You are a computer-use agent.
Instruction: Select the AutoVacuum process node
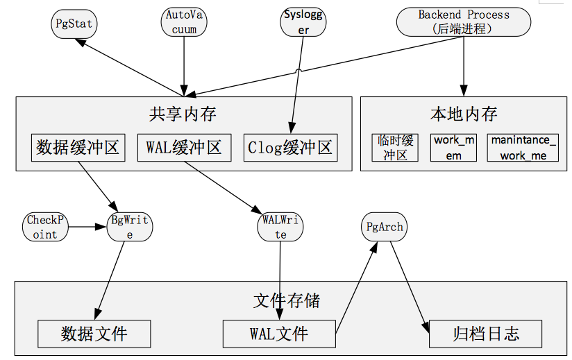point(184,22)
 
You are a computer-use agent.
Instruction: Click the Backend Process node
point(463,22)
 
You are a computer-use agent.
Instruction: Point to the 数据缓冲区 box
point(78,148)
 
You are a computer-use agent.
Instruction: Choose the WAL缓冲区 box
point(183,148)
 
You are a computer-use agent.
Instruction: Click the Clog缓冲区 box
point(290,148)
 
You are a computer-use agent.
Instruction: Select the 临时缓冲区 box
point(395,148)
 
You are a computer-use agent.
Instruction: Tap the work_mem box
point(453,148)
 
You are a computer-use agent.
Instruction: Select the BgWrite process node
point(130,227)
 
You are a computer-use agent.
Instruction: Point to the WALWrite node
point(280,227)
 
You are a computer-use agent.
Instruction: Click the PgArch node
point(384,227)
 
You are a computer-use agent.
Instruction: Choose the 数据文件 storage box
point(94,334)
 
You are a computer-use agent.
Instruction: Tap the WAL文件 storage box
point(278,334)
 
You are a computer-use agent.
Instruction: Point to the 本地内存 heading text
point(464,112)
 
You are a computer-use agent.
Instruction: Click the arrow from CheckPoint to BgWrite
point(90,227)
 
